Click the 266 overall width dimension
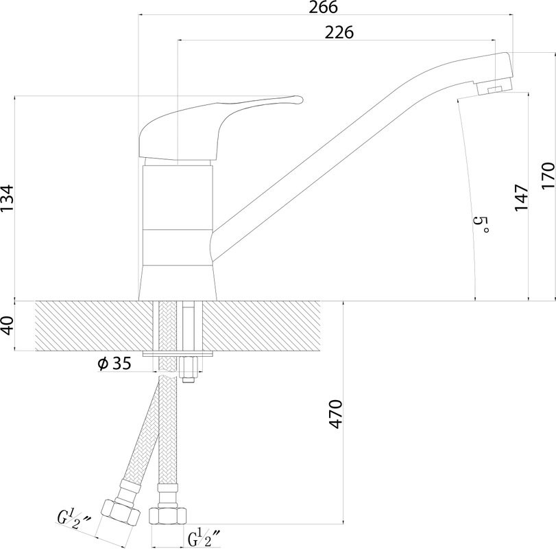point(323,7)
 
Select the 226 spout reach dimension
point(339,32)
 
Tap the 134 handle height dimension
point(7,198)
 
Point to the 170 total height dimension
point(548,176)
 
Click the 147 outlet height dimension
point(521,198)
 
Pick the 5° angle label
point(481,224)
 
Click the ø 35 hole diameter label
point(114,364)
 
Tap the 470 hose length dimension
point(336,414)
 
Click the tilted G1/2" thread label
point(74,519)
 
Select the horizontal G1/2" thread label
point(204,537)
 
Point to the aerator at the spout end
point(494,88)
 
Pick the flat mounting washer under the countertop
point(178,354)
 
